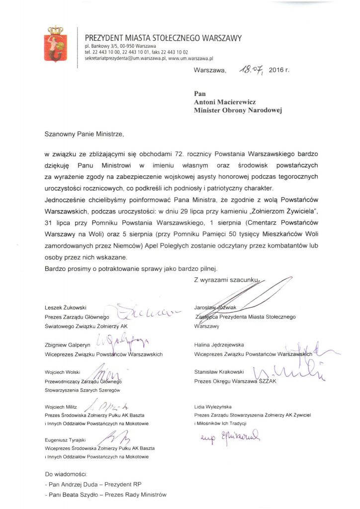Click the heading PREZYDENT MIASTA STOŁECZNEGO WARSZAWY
coord(163,38)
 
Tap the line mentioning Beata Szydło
coord(105,495)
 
